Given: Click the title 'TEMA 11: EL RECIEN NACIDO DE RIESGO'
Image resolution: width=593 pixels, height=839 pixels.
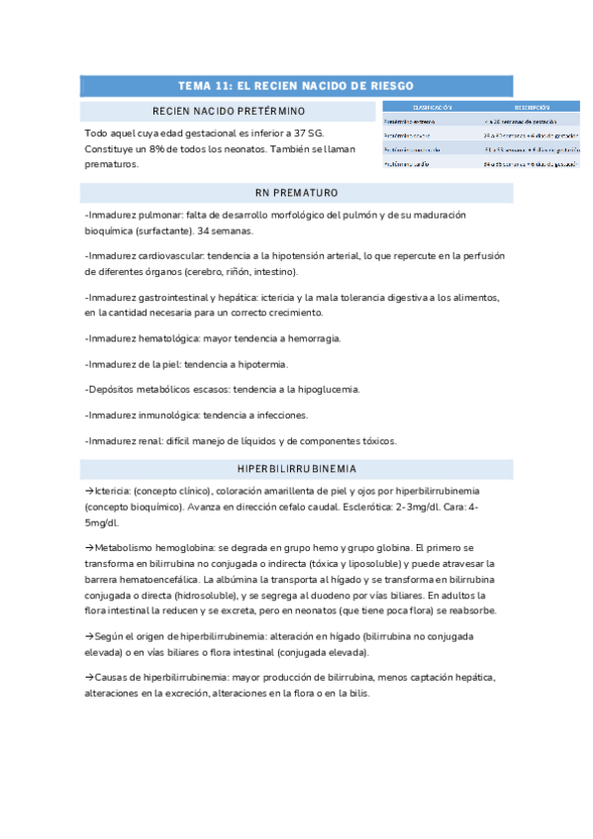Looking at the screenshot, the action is pyautogui.click(x=295, y=86).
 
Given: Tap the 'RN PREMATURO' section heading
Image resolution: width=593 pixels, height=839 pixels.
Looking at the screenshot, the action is pyautogui.click(x=295, y=192).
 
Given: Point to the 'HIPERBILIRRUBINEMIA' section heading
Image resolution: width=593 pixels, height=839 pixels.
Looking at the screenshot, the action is pyautogui.click(x=295, y=468).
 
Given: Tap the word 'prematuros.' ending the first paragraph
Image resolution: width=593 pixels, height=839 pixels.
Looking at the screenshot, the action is pyautogui.click(x=112, y=164).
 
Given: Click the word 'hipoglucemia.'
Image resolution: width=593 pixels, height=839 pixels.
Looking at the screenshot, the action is pyautogui.click(x=325, y=390).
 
